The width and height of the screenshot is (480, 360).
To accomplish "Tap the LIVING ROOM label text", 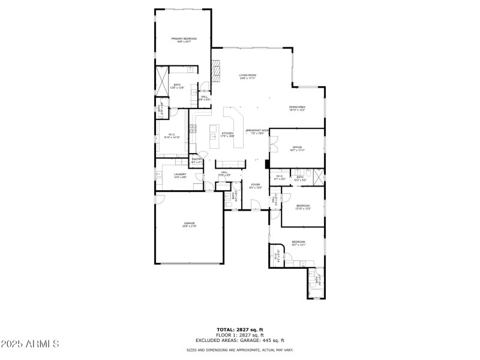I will click(248, 76).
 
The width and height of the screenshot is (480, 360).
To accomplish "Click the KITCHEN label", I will click(227, 134).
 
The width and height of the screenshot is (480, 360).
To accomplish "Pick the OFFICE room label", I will click(296, 148).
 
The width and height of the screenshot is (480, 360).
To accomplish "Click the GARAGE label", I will click(190, 225).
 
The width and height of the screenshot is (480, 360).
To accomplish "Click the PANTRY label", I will click(196, 161).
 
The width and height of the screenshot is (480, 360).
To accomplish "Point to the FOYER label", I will click(255, 186).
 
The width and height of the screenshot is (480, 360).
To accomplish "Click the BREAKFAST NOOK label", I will click(257, 131).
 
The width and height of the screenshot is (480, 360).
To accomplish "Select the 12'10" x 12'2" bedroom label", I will click(303, 207).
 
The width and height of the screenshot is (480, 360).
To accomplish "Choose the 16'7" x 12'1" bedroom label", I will click(298, 243).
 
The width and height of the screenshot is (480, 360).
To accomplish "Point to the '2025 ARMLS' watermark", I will click(30, 344).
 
